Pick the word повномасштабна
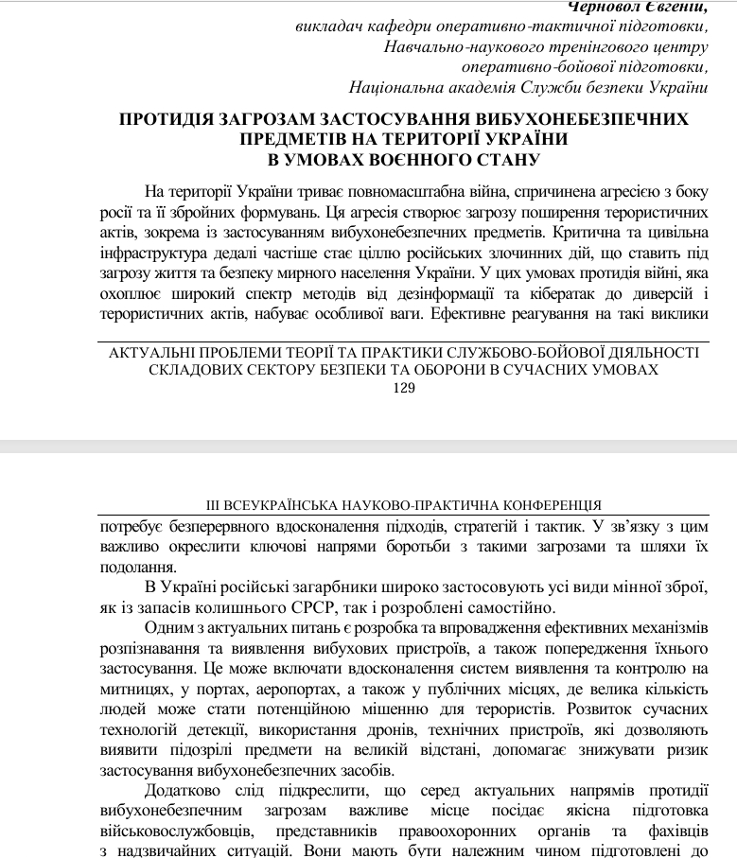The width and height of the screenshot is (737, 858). point(360,189)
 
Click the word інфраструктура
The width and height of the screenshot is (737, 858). point(155,253)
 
